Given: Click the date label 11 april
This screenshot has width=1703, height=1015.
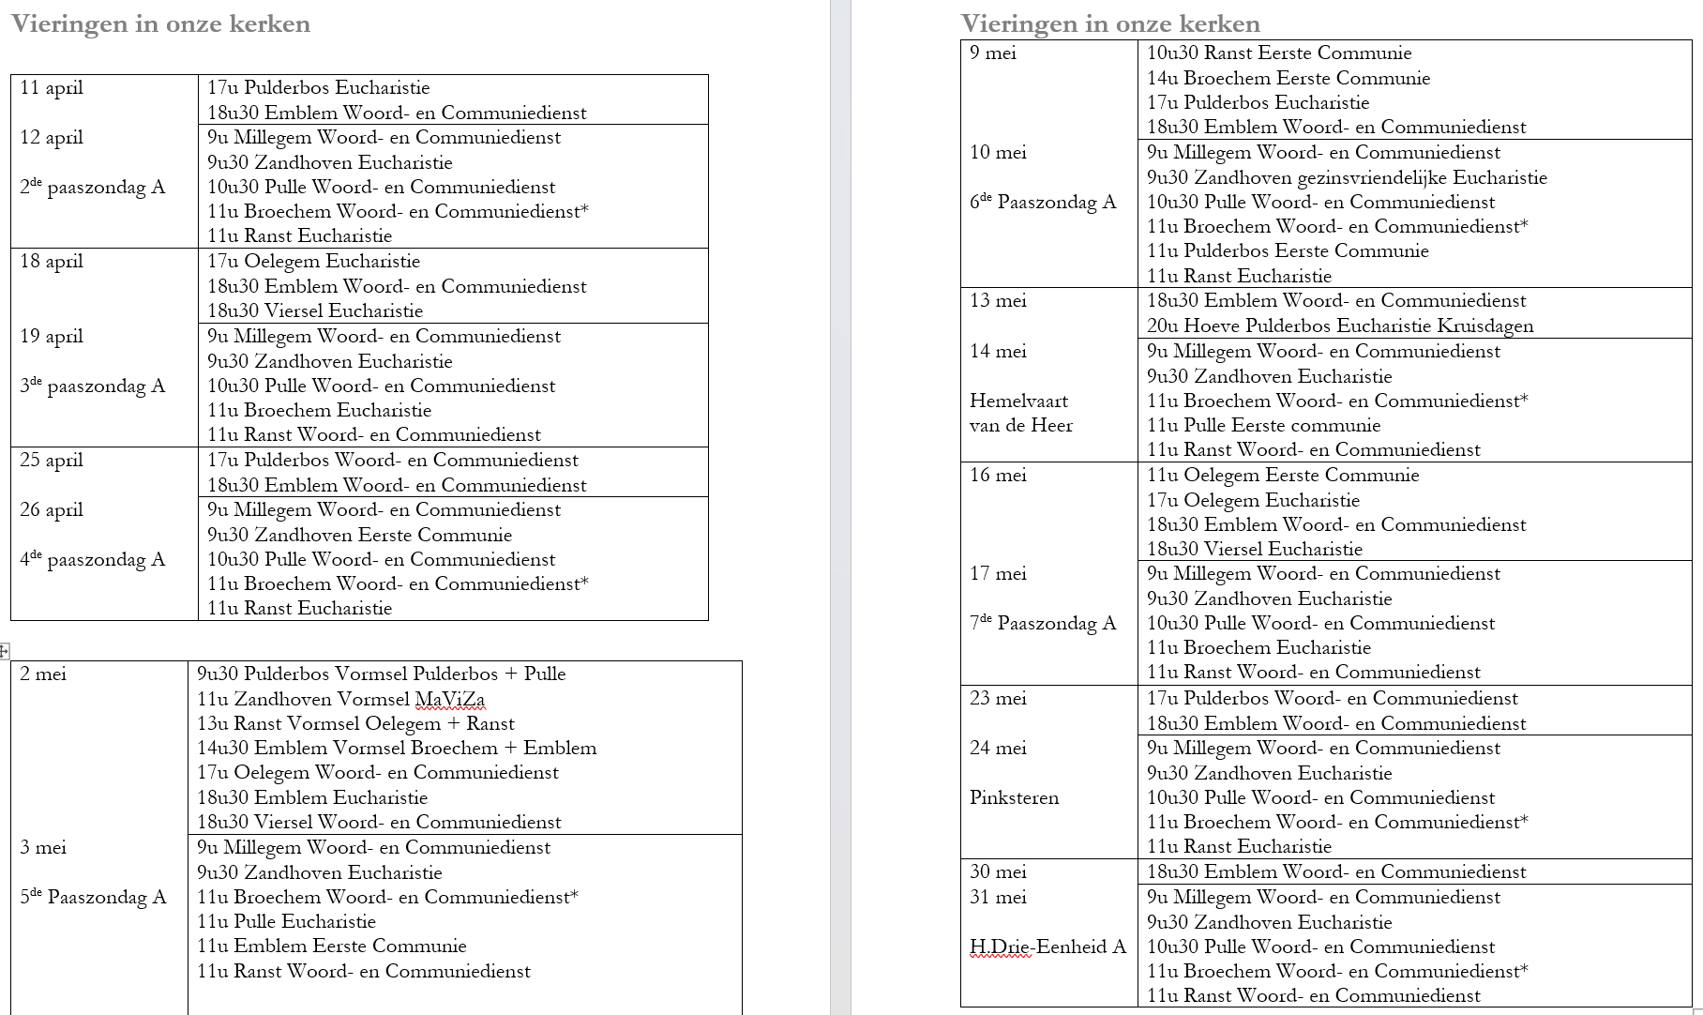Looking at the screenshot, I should (52, 88).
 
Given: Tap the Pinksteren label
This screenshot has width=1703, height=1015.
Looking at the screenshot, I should (1014, 797).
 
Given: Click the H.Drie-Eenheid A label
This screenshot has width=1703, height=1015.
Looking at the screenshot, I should (1047, 947).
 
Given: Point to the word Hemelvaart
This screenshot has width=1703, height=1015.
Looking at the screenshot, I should (1018, 401).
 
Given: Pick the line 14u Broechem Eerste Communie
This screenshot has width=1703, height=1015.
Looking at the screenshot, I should (1288, 78).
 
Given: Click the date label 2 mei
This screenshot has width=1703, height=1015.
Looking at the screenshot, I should (43, 674).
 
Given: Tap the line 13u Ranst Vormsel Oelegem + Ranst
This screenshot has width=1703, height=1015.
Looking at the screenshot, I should (355, 723).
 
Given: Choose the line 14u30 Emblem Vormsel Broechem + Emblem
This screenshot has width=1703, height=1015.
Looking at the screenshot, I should (397, 748).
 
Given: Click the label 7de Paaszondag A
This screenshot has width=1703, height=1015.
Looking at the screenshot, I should (1042, 623).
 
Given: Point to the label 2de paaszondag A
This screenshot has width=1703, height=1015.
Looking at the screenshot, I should (92, 187).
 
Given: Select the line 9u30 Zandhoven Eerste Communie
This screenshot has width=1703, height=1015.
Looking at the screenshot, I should (359, 535).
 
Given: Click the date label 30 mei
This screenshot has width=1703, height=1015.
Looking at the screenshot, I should (998, 871).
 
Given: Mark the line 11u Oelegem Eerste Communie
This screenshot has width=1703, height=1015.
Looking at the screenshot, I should (1282, 475).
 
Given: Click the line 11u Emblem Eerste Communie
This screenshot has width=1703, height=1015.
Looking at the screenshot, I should (331, 946).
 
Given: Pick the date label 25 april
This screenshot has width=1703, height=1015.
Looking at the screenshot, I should (52, 460).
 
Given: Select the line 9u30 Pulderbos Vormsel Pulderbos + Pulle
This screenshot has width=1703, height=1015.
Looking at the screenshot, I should (381, 674).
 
